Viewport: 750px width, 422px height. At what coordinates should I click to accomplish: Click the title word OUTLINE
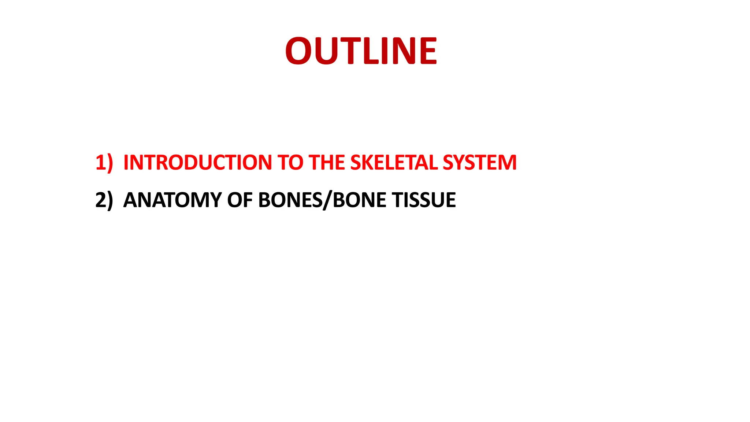pyautogui.click(x=361, y=51)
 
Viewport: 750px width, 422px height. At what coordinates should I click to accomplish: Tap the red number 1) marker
pyautogui.click(x=104, y=162)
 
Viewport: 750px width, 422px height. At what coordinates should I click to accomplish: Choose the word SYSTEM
pyautogui.click(x=480, y=162)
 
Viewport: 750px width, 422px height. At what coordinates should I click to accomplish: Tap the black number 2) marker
pyautogui.click(x=104, y=200)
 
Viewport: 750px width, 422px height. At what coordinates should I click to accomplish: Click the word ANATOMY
pyautogui.click(x=172, y=200)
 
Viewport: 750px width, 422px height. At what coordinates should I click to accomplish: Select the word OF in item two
pyautogui.click(x=240, y=200)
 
